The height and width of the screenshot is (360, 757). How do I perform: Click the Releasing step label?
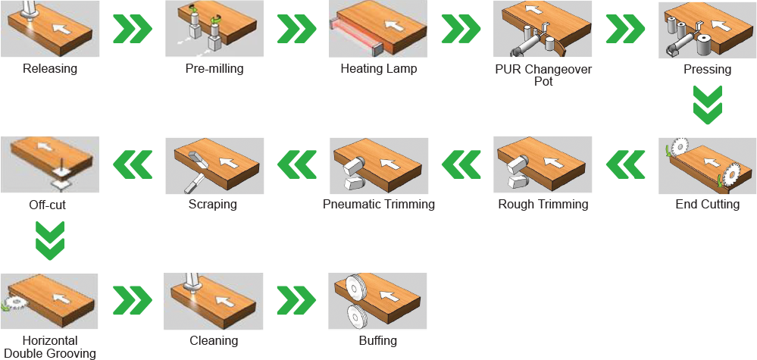point(50,68)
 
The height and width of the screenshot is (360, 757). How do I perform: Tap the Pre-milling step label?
point(214,68)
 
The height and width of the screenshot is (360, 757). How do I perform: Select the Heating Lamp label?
point(379,68)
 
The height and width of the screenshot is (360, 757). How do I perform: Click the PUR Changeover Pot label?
point(543,75)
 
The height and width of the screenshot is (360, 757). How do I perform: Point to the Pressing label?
point(707,70)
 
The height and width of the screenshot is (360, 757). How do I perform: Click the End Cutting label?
point(707,204)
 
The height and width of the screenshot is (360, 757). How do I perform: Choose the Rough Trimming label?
point(543,204)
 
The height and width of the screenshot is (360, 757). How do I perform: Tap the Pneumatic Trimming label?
point(379,204)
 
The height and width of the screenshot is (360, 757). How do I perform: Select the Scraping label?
point(213,204)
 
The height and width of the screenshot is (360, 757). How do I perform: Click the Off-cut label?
point(47,205)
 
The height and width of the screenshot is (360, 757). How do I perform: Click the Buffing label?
point(378,341)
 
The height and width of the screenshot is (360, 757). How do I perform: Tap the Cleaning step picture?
point(214,301)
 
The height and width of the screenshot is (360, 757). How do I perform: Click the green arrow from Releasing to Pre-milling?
point(133,29)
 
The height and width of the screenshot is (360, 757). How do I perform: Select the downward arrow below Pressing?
point(707,105)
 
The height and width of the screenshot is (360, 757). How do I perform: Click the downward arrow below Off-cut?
point(50,241)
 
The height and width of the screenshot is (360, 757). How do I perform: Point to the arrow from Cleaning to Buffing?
point(296,299)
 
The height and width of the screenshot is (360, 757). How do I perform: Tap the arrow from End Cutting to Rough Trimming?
point(626,164)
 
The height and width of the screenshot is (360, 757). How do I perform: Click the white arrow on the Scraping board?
point(230,163)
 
